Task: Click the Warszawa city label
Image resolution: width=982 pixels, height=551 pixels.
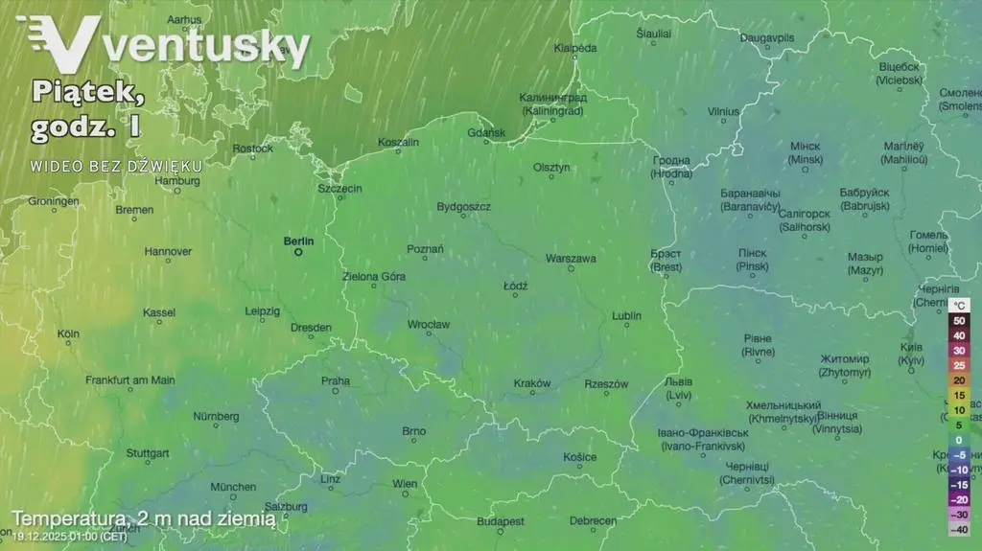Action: pos(571,259)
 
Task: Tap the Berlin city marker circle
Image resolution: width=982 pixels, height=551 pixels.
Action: pos(297,253)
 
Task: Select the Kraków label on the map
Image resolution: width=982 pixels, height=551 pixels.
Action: pos(532,383)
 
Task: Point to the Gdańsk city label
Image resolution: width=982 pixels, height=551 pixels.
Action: pos(485,132)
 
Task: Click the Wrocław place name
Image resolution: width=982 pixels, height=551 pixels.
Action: pos(428,325)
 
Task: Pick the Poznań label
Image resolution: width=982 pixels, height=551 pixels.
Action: pos(425,249)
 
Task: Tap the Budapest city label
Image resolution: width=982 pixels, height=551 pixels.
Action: pos(501,521)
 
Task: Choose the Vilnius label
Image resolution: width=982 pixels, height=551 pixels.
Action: pos(724,111)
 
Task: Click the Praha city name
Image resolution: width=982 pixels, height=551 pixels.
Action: pos(336,380)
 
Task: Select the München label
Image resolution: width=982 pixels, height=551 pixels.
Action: pos(233,487)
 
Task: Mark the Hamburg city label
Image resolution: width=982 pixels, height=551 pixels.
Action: pos(176,180)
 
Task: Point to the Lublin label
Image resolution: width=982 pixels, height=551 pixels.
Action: pos(626,315)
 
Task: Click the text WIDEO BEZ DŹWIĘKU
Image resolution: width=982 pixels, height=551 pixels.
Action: pos(115,166)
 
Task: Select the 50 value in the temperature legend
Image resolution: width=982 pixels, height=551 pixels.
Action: pos(958,320)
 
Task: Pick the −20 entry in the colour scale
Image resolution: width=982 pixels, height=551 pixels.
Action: pos(958,499)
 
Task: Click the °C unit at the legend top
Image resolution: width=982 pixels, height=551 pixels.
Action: pos(958,305)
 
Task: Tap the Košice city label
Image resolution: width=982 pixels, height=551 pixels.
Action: pos(579,457)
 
